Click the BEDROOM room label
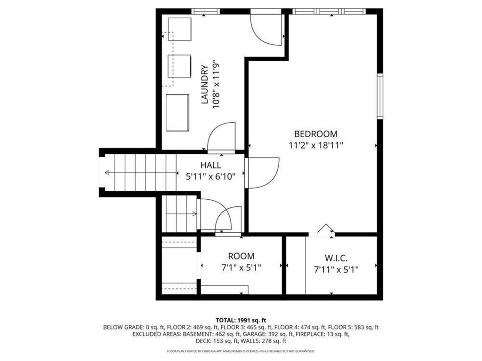pos(316,134)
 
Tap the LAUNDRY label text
pos(205,84)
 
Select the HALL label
pos(210,165)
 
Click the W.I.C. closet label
pos(336,259)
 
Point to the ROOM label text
pos(241,256)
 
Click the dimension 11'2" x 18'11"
pos(316,145)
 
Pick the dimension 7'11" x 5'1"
pos(336,270)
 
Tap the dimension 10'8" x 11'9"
pos(216,84)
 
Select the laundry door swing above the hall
pos(221,136)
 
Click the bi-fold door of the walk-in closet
pos(324,230)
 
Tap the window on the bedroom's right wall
pos(380,96)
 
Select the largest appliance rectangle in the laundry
pos(177,113)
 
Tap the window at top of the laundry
pos(206,11)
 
